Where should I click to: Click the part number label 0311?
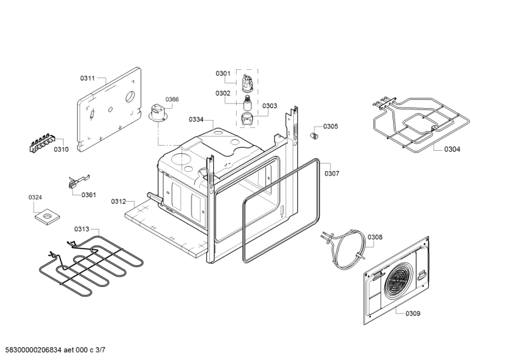pos(87,78)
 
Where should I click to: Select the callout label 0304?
pos(452,149)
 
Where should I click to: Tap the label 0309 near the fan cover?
pos(413,314)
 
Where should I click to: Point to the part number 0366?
pos(172,99)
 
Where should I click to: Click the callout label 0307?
pos(331,174)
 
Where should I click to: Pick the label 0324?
pos(35,197)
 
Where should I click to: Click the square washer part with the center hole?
pos(48,216)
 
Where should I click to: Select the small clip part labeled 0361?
pos(78,181)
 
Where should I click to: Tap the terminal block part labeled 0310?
pos(42,142)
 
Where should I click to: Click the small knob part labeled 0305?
pos(314,135)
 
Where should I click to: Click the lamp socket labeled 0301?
pos(248,83)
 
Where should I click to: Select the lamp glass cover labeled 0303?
pos(248,119)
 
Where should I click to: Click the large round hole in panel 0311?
pos(130,96)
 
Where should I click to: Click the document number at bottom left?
pos(55,350)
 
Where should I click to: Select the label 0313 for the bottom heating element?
pos(81,230)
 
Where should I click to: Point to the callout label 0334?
pos(196,120)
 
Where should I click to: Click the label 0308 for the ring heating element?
pos(375,237)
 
